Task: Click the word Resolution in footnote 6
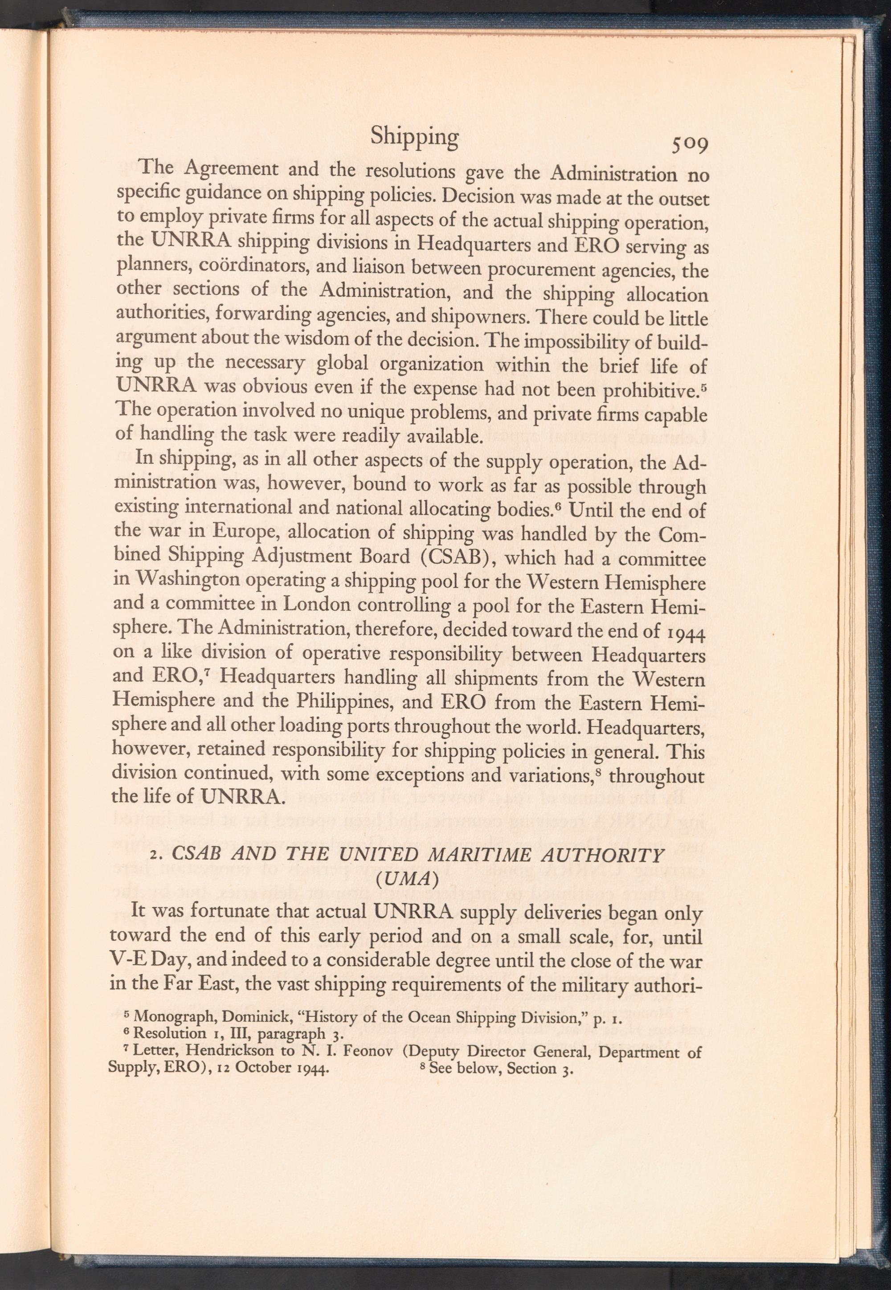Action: tap(170, 1034)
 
